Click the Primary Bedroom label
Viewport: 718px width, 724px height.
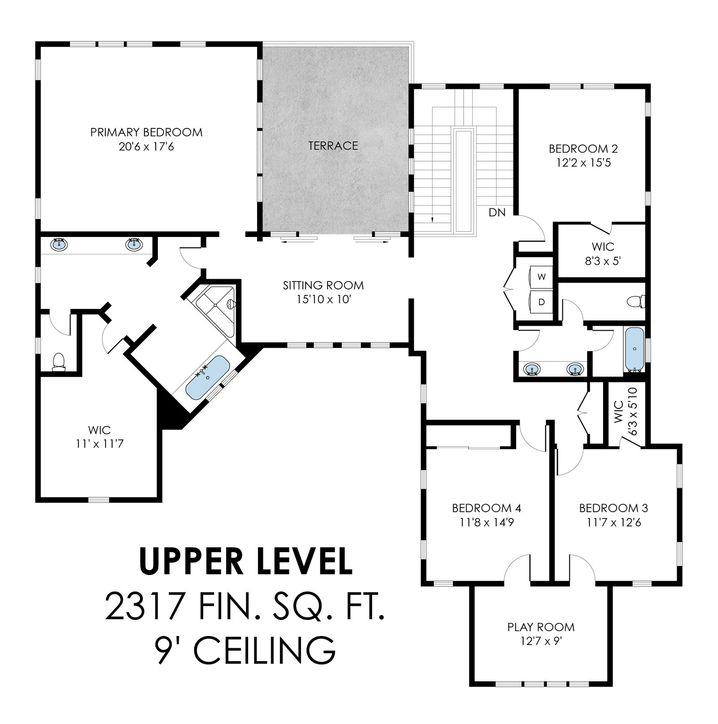[x=146, y=132]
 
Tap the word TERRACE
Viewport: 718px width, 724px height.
[x=333, y=146]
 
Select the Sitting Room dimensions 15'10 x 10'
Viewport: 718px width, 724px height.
[x=323, y=299]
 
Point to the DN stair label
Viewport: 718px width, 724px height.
[x=497, y=212]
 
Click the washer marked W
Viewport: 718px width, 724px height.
[x=542, y=277]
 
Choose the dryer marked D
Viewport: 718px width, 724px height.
[x=542, y=302]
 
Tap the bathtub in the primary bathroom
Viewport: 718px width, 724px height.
[x=208, y=378]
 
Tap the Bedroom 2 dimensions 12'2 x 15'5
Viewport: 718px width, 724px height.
[x=583, y=162]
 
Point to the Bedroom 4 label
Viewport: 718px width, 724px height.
[x=486, y=508]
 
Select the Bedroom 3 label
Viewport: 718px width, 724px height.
[x=613, y=508]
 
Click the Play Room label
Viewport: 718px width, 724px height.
[x=541, y=627]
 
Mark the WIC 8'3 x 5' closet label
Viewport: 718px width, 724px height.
[x=603, y=254]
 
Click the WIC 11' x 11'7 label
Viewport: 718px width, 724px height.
[x=100, y=437]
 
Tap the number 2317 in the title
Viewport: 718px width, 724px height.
[x=144, y=606]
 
